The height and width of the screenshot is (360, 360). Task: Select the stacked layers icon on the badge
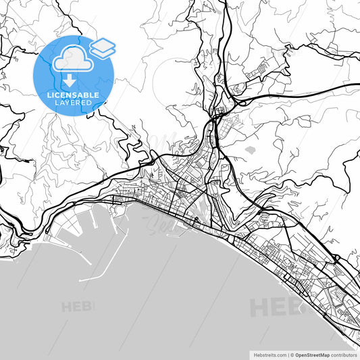pyautogui.click(x=103, y=48)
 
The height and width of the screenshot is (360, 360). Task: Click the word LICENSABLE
pyautogui.click(x=72, y=96)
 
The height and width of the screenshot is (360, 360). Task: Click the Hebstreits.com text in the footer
pyautogui.click(x=269, y=354)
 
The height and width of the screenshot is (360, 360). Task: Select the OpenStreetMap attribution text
pyautogui.click(x=313, y=354)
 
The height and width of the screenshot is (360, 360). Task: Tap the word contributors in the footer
pyautogui.click(x=344, y=354)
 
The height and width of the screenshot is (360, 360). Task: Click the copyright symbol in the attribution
pyautogui.click(x=291, y=354)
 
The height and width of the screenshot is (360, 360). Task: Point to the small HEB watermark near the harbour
pyautogui.click(x=78, y=307)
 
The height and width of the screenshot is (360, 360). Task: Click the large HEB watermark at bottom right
pyautogui.click(x=277, y=307)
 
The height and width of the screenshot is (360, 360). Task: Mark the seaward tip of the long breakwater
pyautogui.click(x=80, y=280)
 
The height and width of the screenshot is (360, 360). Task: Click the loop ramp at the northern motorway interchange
pyautogui.click(x=238, y=87)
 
